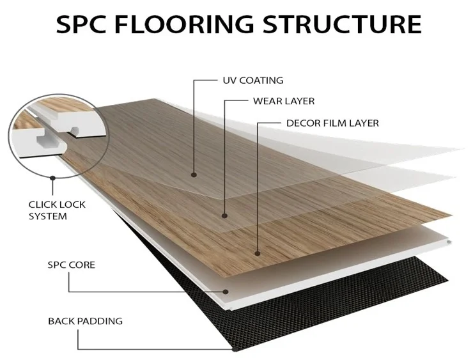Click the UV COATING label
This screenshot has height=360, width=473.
[x=252, y=81]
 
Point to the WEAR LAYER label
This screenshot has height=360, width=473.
[x=284, y=101]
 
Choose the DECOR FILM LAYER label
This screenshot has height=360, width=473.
[x=332, y=123]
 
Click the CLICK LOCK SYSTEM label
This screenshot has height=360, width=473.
[x=57, y=210]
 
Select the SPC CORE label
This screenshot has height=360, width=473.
[x=71, y=264]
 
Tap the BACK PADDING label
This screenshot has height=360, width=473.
[x=85, y=320]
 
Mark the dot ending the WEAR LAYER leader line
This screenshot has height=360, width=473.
[x=224, y=215]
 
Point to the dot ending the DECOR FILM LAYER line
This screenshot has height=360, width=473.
[x=257, y=253]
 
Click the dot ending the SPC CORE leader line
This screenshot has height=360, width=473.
[x=227, y=292]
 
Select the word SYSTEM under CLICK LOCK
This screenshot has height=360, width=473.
[x=47, y=216]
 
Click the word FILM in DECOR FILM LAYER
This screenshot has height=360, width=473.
[x=336, y=123]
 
